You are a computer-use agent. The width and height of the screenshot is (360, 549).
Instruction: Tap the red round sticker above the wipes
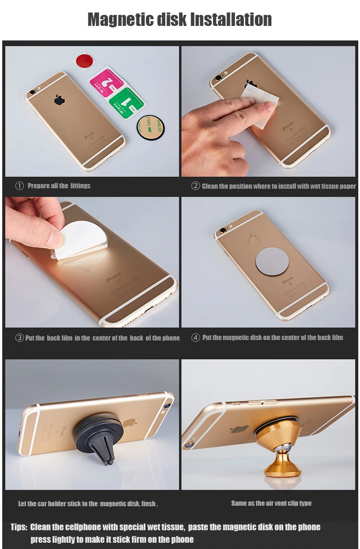[84, 61]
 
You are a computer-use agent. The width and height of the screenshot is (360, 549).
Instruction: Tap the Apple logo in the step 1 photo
[60, 100]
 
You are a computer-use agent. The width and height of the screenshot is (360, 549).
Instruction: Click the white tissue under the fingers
[261, 104]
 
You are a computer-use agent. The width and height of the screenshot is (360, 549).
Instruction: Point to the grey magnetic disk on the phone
[272, 261]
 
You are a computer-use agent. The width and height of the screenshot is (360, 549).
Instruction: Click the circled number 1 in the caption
[19, 186]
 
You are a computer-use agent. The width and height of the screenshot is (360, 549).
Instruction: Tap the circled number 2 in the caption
[195, 186]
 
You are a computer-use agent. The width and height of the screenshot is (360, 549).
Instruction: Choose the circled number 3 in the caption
[19, 338]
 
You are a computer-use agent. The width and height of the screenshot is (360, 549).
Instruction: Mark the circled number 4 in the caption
[195, 338]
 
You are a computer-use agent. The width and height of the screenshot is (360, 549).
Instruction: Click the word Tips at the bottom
[19, 527]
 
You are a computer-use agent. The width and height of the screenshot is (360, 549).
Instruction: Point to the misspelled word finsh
[148, 504]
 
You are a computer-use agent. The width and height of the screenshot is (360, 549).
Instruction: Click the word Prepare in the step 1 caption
[38, 186]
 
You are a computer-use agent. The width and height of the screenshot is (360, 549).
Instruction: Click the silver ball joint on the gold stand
[280, 449]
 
